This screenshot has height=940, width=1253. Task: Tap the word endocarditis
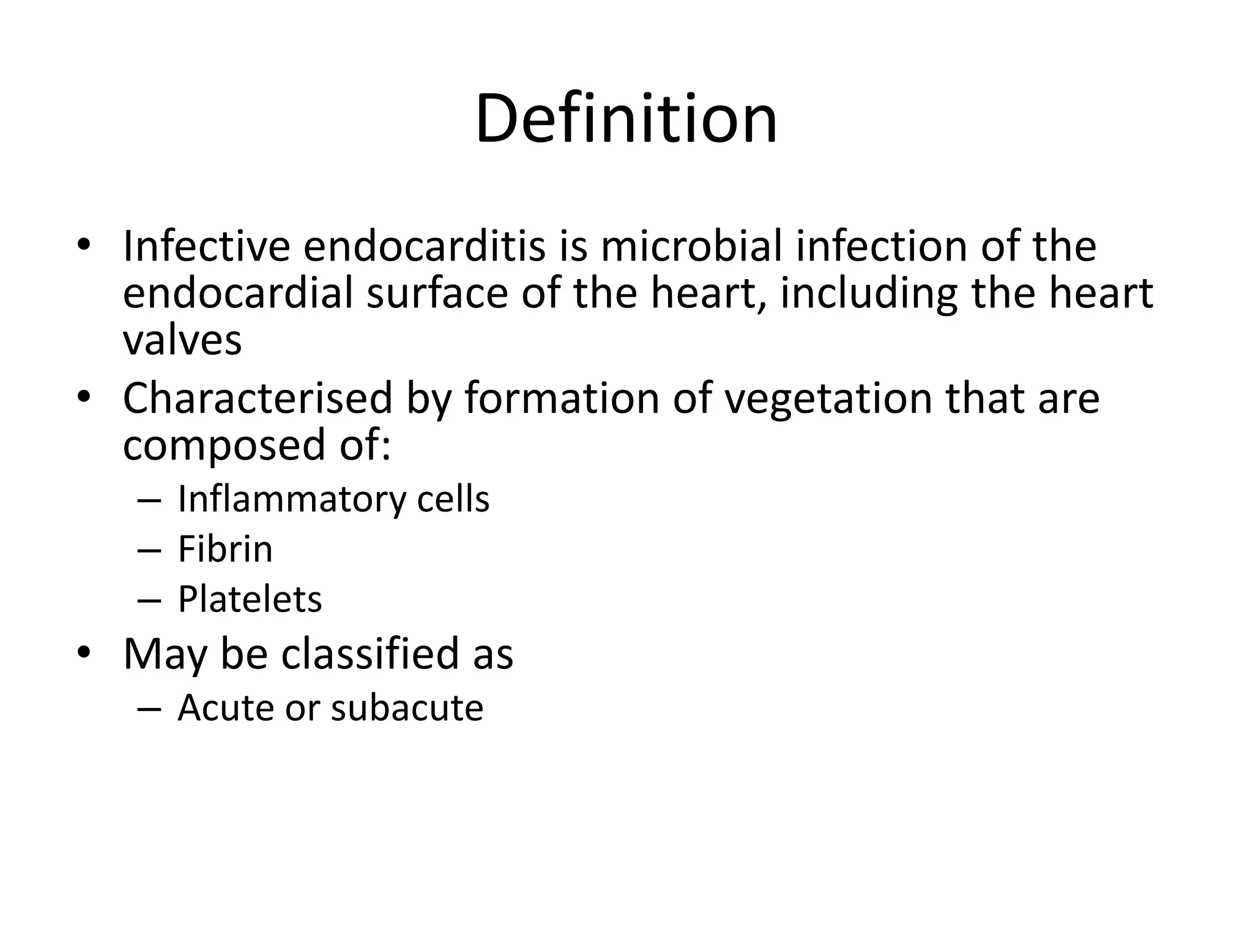(424, 246)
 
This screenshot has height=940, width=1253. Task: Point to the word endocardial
(238, 293)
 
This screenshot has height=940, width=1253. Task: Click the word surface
(437, 293)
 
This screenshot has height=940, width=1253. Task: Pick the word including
(869, 294)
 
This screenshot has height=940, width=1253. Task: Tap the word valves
(182, 340)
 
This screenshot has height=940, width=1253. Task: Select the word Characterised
(258, 398)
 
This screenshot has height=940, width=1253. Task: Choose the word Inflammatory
(291, 499)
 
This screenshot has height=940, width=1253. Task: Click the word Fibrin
(225, 549)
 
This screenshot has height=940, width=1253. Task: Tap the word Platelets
(250, 599)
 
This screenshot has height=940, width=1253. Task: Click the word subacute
(407, 708)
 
